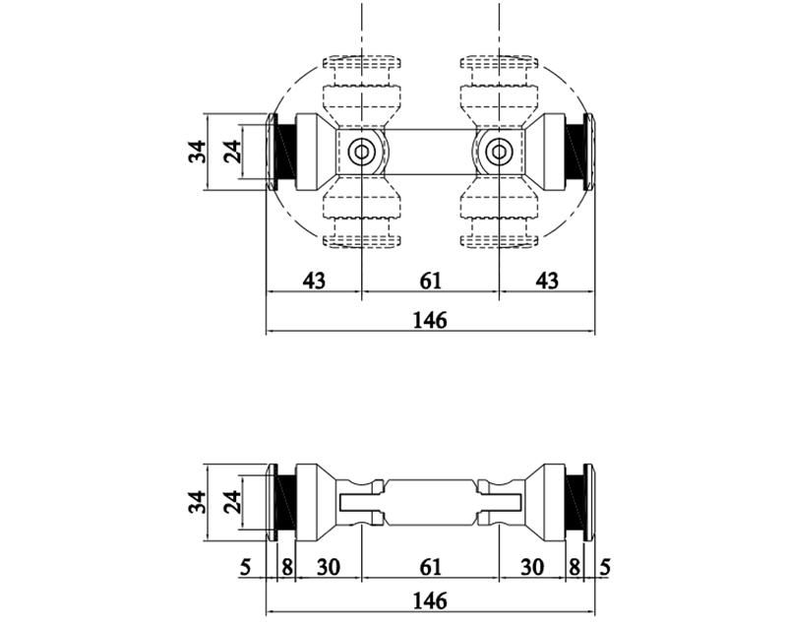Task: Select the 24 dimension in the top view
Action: pos(231,152)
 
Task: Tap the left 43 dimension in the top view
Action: pos(313,281)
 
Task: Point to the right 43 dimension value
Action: pos(547,281)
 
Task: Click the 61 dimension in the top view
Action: pos(430,281)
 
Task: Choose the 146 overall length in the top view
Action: pos(430,320)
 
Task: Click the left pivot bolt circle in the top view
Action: pos(361,152)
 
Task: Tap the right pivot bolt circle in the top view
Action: pos(499,152)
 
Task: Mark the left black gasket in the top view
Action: pos(284,152)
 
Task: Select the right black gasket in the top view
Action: pos(575,152)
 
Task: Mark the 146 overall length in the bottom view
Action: pos(430,599)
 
